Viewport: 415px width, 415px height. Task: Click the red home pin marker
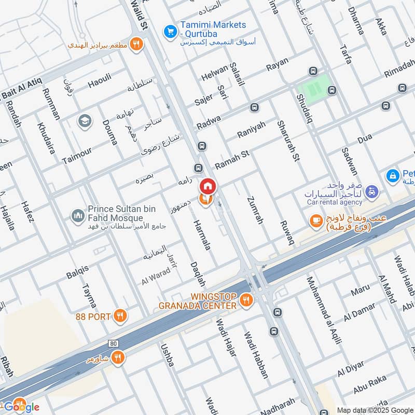coord(208,186)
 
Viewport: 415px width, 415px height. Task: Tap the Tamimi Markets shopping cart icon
coord(169,32)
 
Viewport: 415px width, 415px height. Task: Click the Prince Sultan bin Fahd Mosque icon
coord(78,215)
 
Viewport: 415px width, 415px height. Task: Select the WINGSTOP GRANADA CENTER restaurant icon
coord(247,300)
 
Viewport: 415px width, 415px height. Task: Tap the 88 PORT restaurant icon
coord(120,315)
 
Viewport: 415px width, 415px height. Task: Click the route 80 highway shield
coord(114,343)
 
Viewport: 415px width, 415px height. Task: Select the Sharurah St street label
coord(288,141)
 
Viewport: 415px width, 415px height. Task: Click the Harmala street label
coord(202,235)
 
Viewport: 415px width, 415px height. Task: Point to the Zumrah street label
coord(256,210)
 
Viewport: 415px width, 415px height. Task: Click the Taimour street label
coord(77,155)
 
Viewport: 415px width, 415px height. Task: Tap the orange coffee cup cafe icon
coord(315,220)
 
